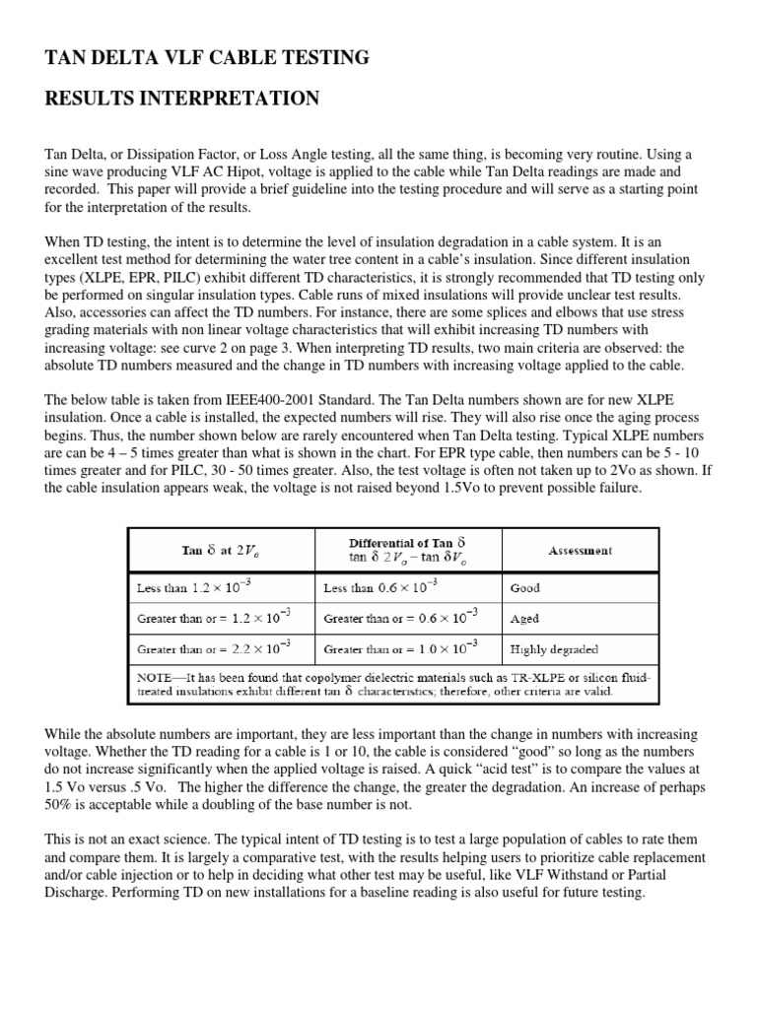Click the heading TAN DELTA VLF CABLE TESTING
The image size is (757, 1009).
[208, 59]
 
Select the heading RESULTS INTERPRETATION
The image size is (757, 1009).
[182, 99]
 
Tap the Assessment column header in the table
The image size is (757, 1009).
[580, 551]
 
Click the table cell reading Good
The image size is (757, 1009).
[525, 587]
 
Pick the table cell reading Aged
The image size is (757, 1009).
[524, 619]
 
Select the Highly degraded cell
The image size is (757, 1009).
[555, 649]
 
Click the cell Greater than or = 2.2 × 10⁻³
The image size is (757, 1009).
[213, 648]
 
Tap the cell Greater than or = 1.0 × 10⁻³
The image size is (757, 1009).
[400, 648]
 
